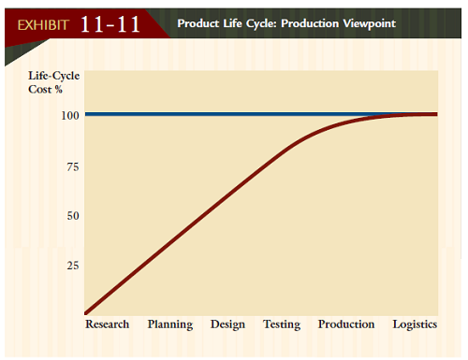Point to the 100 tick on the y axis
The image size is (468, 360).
point(69,115)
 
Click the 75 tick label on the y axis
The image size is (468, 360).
point(72,166)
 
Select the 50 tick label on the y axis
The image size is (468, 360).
point(72,216)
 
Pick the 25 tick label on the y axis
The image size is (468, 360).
point(72,266)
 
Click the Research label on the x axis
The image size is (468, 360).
point(108,324)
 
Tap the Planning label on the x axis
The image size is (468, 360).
point(169,324)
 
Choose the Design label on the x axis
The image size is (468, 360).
point(227,324)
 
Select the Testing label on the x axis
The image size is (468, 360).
point(282,324)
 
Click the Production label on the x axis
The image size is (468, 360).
point(346,324)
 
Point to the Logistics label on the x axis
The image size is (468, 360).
point(415,324)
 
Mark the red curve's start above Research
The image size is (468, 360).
point(87,311)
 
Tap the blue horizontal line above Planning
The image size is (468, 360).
point(169,114)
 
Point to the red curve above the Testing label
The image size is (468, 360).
point(282,152)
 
